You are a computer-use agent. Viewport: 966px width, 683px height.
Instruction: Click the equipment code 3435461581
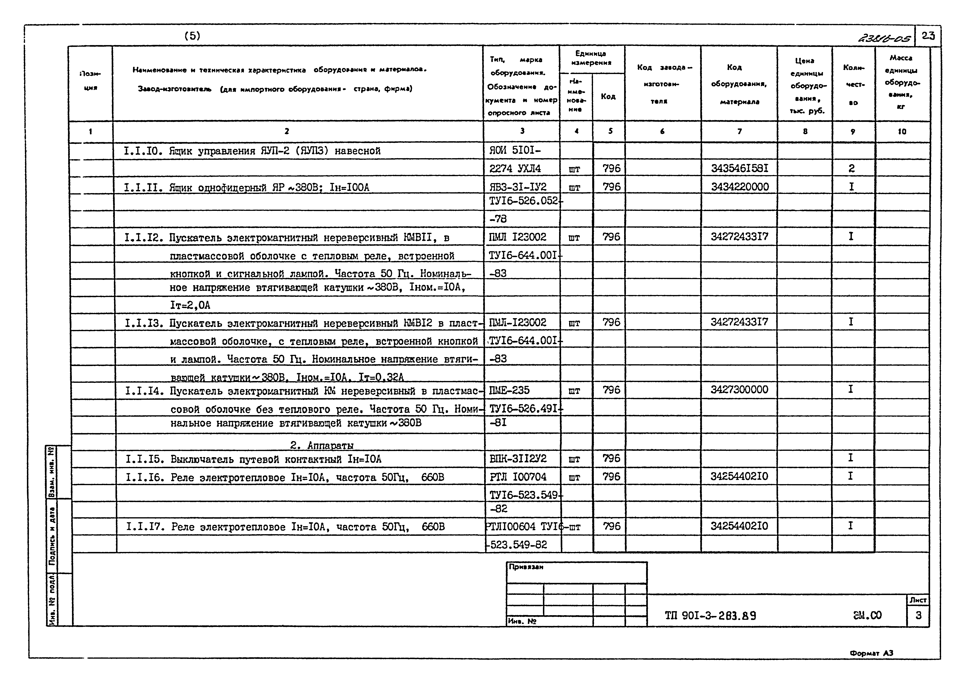tap(739, 168)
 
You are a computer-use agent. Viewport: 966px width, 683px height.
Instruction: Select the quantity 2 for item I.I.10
tap(852, 168)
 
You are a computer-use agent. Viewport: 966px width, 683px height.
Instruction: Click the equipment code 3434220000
tap(740, 187)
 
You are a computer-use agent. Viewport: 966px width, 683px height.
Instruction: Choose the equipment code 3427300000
tap(739, 390)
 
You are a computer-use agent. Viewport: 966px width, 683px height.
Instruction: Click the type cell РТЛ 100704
tap(518, 477)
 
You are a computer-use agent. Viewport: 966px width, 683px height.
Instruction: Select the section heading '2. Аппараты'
tap(322, 445)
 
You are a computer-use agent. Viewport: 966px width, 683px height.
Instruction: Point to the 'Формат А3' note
tap(871, 653)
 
